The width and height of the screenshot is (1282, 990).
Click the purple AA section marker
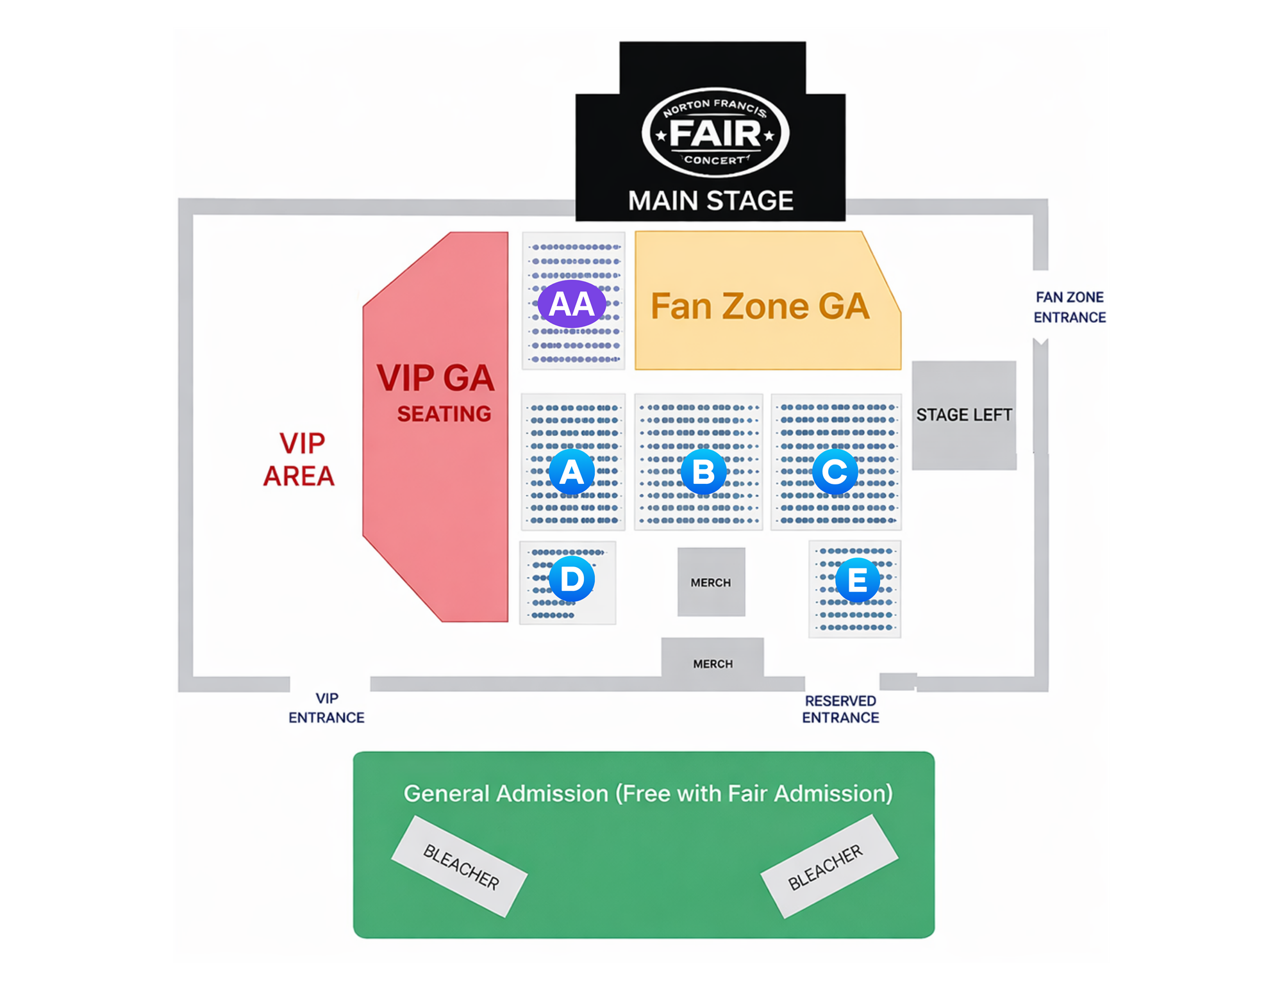(572, 304)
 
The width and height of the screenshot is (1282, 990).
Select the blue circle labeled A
(572, 472)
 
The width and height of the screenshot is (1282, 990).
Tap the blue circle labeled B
(703, 472)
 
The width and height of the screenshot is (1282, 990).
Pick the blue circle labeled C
(835, 472)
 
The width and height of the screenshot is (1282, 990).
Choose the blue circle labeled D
(572, 579)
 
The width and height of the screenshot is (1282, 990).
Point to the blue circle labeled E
(857, 580)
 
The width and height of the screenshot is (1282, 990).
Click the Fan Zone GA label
(760, 306)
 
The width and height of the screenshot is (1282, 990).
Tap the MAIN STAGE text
(711, 201)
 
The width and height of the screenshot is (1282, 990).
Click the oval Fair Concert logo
(715, 133)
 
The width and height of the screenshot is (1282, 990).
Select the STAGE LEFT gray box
(964, 415)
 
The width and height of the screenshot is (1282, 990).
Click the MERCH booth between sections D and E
(711, 582)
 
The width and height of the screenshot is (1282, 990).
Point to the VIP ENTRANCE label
(326, 708)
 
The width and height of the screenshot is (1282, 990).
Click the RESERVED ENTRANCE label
(840, 709)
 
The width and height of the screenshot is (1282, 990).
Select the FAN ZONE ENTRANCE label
(1070, 307)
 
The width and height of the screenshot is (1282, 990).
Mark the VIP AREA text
(299, 459)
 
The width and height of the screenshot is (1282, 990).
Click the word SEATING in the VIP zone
(444, 414)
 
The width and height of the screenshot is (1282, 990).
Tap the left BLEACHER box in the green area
(460, 866)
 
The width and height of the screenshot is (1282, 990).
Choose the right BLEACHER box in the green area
(829, 866)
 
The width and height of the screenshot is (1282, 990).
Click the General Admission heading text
(648, 793)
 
